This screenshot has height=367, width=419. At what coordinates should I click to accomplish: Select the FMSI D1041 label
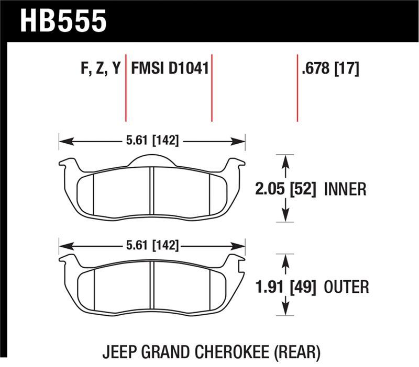click(x=170, y=69)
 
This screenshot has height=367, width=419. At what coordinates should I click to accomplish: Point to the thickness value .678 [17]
click(x=329, y=69)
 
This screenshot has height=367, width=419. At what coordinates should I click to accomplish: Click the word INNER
click(x=346, y=189)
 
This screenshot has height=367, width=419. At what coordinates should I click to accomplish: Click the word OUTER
click(x=346, y=286)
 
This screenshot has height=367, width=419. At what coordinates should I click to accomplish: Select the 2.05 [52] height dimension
click(x=285, y=189)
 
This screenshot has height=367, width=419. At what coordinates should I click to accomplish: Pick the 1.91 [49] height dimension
click(x=285, y=286)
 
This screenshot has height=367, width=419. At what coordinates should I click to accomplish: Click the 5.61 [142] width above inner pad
click(x=151, y=141)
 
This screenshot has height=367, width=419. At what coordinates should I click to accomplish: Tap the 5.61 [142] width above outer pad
click(x=151, y=245)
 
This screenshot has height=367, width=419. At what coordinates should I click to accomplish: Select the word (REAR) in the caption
click(x=296, y=353)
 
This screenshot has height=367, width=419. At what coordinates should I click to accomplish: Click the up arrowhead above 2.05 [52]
click(x=285, y=161)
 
